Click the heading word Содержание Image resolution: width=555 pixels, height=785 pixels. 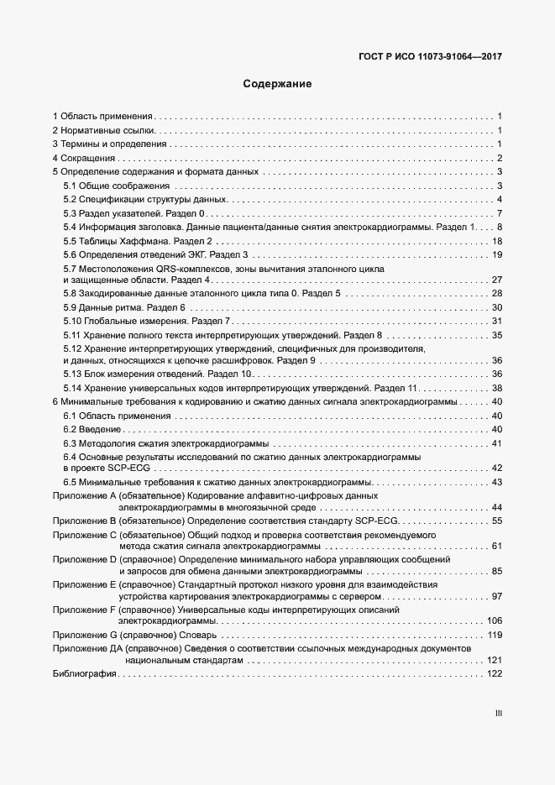pos(277,84)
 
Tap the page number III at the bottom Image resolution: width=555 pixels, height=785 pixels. pos(498,714)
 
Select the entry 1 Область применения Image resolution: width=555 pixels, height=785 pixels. pos(102,116)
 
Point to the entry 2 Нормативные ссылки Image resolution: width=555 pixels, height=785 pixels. pos(104,130)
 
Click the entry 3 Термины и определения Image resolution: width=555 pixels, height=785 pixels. pos(108,144)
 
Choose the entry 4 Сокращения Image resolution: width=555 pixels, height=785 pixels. pos(83,158)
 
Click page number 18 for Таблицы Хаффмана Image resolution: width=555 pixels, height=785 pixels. pos(496,241)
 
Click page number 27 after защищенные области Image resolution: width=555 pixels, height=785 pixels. pos(496,280)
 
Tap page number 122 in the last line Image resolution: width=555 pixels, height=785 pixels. pos(494,674)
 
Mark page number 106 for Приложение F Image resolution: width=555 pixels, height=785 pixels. pos(494,620)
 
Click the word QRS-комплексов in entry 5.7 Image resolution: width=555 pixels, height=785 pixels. pos(179,268)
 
